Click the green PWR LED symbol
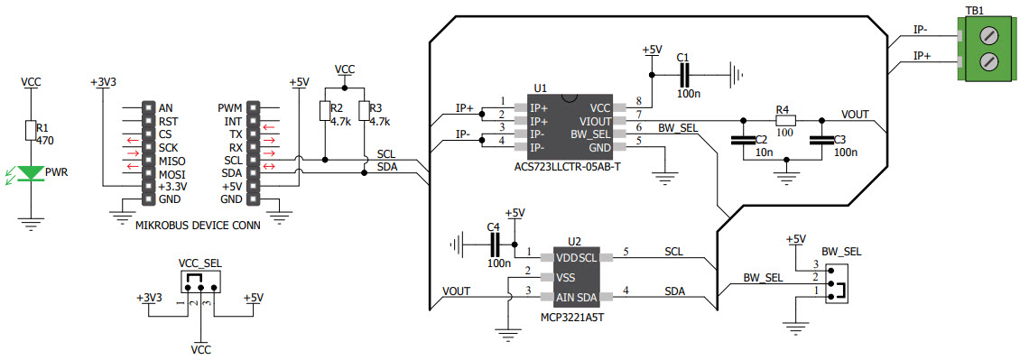coord(32,172)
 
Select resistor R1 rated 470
coord(32,131)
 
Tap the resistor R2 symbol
coord(325,111)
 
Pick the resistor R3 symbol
coord(364,111)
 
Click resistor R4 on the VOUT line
coord(785,120)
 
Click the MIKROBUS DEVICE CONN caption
coord(197,226)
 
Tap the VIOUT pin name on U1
coord(596,121)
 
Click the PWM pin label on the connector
coord(230,108)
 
